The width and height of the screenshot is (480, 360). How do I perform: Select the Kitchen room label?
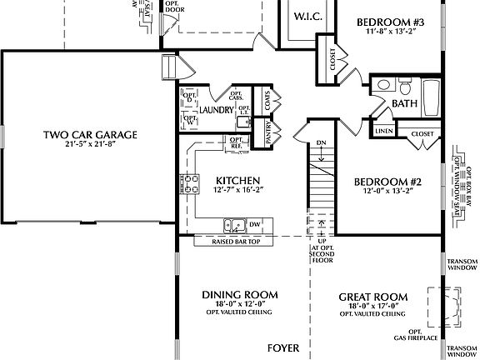[x=238, y=180]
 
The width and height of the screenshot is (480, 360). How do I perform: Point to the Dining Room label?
[x=241, y=296]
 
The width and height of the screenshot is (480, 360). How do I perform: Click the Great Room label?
[x=372, y=296]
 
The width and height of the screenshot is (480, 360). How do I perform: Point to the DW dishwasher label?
[x=257, y=224]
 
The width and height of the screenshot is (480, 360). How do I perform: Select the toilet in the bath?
[x=404, y=86]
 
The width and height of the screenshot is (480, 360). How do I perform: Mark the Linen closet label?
[x=384, y=132]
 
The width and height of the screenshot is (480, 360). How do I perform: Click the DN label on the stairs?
[x=322, y=142]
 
